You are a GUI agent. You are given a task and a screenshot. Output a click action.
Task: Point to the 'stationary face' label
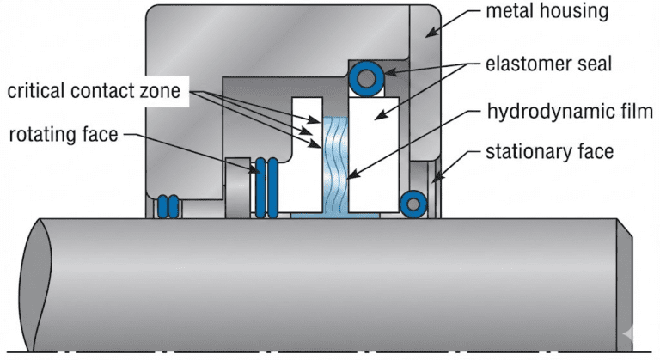pyautogui.click(x=549, y=154)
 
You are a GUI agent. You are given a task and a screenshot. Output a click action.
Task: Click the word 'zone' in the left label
pyautogui.click(x=162, y=91)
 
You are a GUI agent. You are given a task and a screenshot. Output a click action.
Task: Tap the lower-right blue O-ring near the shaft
pyautogui.click(x=414, y=203)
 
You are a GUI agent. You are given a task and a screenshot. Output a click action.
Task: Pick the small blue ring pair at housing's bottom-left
pyautogui.click(x=167, y=206)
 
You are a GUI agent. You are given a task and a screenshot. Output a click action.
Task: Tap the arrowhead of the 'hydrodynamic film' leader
pyautogui.click(x=349, y=178)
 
